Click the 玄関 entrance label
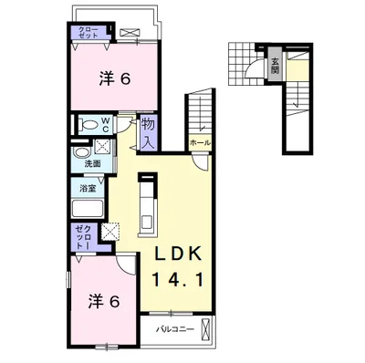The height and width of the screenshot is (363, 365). pos(275,67)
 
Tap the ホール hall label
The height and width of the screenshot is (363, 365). pos(200,143)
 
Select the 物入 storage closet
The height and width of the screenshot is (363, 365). pos(149,132)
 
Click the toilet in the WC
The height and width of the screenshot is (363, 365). pos(89,125)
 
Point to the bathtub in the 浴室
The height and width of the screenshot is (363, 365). pos(88,208)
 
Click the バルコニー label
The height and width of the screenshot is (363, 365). pos(174,329)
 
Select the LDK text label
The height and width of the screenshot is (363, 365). pos(179,254)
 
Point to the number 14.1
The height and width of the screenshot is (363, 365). pos(178,280)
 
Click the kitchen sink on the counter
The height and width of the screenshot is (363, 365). pos(148,221)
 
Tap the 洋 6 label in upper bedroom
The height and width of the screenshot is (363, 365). pos(114,79)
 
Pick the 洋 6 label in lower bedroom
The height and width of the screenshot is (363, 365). pos(103,302)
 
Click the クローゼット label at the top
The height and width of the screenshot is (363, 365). pos(89,33)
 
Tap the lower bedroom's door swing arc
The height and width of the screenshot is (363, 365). pos(126,264)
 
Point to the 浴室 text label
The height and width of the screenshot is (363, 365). pos(88,189)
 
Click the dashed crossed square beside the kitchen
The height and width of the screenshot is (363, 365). pos(110,232)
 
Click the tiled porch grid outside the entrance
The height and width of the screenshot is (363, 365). pos(241,65)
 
